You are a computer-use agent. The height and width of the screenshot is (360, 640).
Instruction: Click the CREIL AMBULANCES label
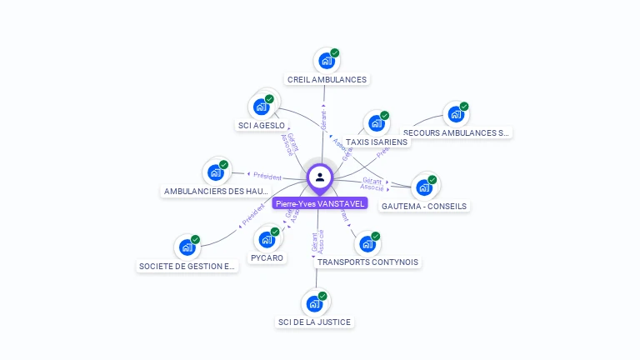(x=327, y=80)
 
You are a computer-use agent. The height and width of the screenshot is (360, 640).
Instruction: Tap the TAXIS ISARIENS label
(x=377, y=142)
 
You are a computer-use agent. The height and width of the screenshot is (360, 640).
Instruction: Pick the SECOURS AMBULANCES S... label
(x=456, y=132)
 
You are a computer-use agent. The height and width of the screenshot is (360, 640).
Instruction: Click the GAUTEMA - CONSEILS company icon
(x=424, y=187)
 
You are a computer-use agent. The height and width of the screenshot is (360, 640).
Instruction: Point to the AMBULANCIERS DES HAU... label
(x=216, y=191)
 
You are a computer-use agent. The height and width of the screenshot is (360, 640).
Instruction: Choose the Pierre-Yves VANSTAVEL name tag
(x=320, y=203)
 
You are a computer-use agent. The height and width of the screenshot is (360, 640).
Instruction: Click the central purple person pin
(x=320, y=177)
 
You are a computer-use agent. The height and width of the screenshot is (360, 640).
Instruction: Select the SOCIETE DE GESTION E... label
(x=187, y=267)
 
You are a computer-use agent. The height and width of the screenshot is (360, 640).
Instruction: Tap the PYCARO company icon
(x=267, y=240)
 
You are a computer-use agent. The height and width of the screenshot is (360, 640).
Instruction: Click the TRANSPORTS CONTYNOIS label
(x=367, y=262)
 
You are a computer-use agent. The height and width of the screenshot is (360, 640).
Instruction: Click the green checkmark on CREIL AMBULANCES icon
(x=334, y=52)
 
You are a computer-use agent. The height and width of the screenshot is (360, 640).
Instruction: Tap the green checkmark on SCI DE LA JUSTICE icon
(x=322, y=296)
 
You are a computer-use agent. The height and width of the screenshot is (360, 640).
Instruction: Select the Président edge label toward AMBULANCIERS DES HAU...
(x=267, y=177)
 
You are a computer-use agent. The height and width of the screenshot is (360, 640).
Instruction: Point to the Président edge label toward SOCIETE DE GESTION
(x=252, y=216)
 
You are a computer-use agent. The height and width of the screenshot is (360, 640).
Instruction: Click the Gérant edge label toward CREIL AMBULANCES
(x=323, y=120)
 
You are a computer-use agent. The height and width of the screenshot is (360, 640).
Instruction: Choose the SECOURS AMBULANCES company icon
(x=456, y=114)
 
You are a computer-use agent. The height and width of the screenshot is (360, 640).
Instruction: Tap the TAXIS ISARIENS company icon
(x=377, y=123)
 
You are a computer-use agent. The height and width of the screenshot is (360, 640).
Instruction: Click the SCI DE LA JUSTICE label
(x=314, y=322)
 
